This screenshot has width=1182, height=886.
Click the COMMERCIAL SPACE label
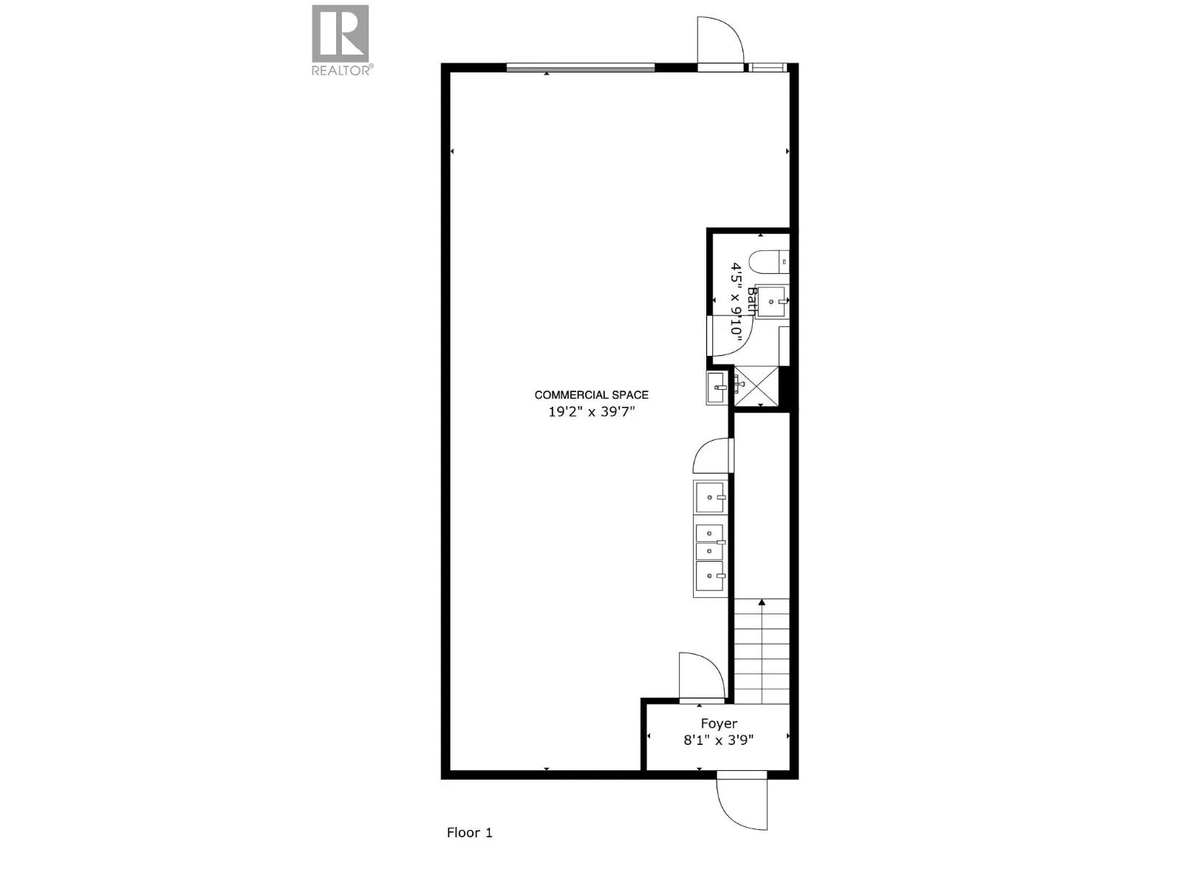pyautogui.click(x=591, y=395)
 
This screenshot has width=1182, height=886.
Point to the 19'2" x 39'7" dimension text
pyautogui.click(x=591, y=412)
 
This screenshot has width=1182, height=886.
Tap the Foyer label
pyautogui.click(x=718, y=724)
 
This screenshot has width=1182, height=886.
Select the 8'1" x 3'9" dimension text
pyautogui.click(x=718, y=741)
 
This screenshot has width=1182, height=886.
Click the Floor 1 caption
pyautogui.click(x=470, y=833)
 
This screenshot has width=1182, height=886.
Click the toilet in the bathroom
pyautogui.click(x=770, y=263)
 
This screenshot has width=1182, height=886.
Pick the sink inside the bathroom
pyautogui.click(x=772, y=302)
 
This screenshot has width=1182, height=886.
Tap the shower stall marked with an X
pyautogui.click(x=756, y=386)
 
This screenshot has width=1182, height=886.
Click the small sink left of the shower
pyautogui.click(x=717, y=388)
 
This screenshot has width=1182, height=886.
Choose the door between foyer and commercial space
pyautogui.click(x=702, y=677)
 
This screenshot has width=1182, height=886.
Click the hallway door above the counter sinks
pyautogui.click(x=713, y=456)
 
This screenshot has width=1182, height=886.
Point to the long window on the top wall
pyautogui.click(x=581, y=67)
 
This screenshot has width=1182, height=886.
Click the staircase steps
pyautogui.click(x=762, y=651)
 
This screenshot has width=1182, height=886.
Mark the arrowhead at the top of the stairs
pyautogui.click(x=762, y=602)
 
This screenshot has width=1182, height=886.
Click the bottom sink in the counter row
pyautogui.click(x=710, y=576)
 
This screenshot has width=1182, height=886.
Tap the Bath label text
pyautogui.click(x=752, y=301)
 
